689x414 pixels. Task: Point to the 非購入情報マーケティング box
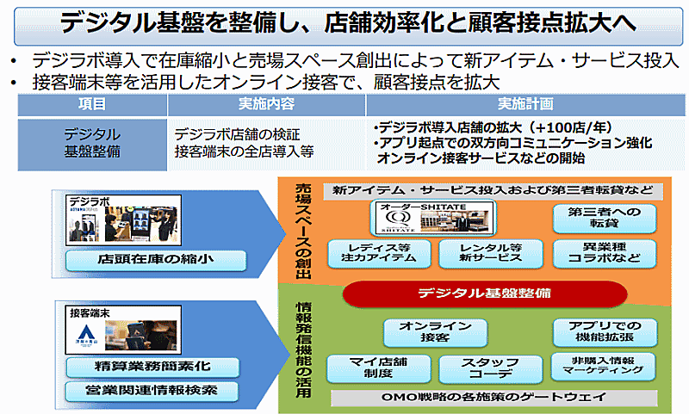[602, 365]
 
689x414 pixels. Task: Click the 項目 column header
[92, 106]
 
